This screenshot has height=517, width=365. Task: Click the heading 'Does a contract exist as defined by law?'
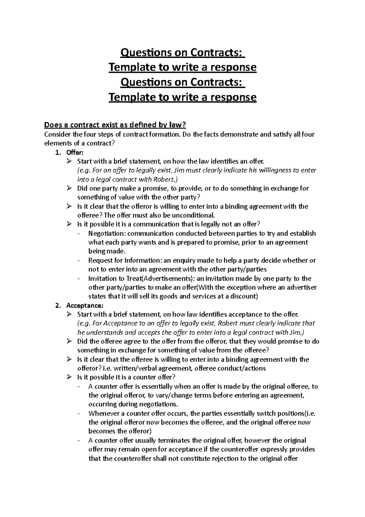115,125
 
